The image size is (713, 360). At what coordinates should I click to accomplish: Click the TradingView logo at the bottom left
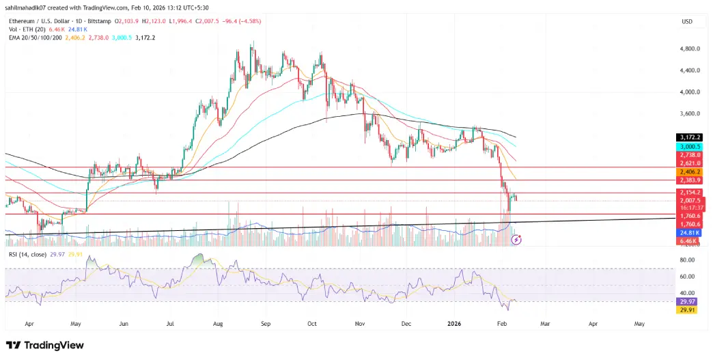(44, 345)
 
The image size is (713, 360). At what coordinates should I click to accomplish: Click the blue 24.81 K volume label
(687, 232)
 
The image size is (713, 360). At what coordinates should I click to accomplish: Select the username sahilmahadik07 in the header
(30, 7)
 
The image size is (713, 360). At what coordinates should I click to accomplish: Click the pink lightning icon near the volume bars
(517, 240)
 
